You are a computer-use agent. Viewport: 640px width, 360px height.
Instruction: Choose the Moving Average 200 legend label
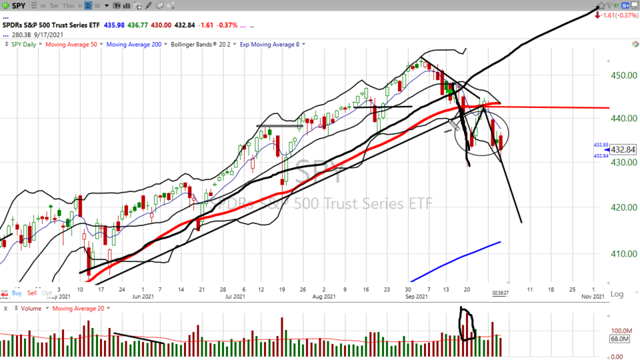[135, 44]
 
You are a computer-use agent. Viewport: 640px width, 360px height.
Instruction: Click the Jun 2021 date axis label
[143, 297]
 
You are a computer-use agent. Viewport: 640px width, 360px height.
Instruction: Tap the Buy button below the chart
[17, 293]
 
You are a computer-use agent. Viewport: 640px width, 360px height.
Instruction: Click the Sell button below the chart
[32, 293]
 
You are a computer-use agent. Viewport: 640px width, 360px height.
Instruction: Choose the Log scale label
[618, 294]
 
